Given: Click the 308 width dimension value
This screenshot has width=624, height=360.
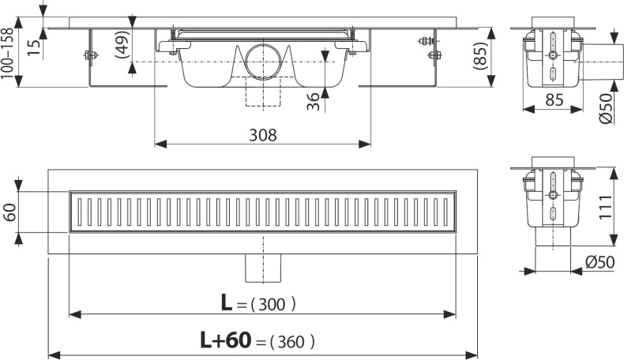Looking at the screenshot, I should click(x=263, y=134).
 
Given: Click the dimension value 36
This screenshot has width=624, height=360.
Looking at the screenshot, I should click(x=313, y=101).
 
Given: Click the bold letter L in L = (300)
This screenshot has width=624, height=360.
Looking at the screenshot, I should click(x=228, y=301).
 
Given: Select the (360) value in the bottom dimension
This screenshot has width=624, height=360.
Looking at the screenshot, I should click(x=292, y=341).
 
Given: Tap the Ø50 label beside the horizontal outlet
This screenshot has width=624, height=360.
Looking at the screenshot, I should click(x=606, y=108).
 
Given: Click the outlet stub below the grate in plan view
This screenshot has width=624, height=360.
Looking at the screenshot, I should click(x=263, y=268).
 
